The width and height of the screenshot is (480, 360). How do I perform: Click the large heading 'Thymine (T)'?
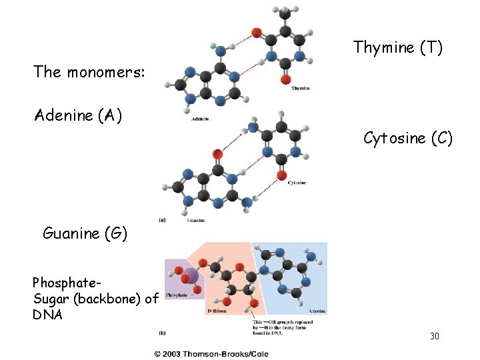pos(397,47)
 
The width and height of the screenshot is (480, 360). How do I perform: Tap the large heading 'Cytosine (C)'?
pos(407,139)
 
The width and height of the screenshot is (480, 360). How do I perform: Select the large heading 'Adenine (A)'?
pos(78,115)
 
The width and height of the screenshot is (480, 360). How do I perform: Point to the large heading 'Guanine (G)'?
pos(85,233)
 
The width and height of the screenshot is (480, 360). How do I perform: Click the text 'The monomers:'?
pos(89,72)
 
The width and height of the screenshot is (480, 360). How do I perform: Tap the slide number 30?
pos(434,336)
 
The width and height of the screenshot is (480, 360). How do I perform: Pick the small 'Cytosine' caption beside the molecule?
pos(297,182)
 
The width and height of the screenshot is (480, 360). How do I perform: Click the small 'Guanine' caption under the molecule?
pos(195,220)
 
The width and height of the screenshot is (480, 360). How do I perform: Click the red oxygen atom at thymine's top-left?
pos(257,32)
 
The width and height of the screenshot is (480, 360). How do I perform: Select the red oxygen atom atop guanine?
pos(217,155)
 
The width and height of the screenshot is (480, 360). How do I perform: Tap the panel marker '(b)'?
pos(162,331)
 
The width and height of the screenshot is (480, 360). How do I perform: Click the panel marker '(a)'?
pos(162,218)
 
